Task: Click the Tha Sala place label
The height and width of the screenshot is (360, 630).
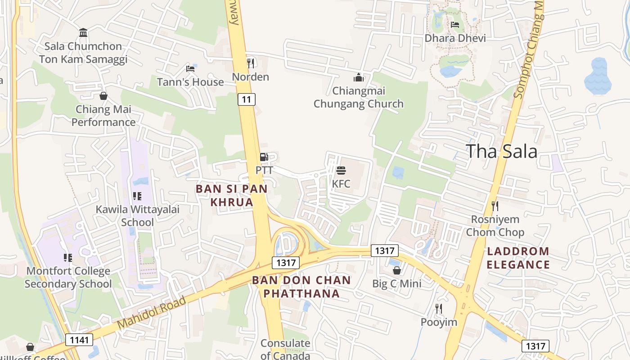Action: point(501,152)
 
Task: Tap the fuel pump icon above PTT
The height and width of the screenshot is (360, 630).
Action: point(264,157)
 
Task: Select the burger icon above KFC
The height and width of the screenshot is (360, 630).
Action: point(341,171)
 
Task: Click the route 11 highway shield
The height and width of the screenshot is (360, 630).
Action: point(247,99)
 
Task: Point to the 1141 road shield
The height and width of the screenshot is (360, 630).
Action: point(79,340)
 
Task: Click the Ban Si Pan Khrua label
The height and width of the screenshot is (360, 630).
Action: point(231,195)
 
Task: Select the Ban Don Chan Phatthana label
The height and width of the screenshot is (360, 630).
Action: point(301,287)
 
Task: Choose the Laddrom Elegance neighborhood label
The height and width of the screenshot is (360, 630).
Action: point(518,258)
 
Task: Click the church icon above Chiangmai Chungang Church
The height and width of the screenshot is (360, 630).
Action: point(359,77)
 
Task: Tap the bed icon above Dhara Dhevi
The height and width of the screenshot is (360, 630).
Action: point(455,25)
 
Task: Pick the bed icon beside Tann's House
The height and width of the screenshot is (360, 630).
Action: point(190,69)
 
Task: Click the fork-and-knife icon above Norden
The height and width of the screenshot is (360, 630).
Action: point(251,63)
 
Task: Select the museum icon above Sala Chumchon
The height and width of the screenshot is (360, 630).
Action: point(83,32)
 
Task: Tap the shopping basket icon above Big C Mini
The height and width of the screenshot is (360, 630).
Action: point(396,270)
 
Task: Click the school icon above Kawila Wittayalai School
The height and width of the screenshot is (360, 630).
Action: point(137,196)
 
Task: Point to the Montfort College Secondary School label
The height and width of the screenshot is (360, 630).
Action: point(68,277)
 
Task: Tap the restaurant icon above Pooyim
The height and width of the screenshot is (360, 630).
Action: point(439,309)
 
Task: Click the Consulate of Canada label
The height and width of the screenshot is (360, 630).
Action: point(285,349)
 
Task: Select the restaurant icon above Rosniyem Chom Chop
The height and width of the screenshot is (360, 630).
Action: point(495,206)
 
